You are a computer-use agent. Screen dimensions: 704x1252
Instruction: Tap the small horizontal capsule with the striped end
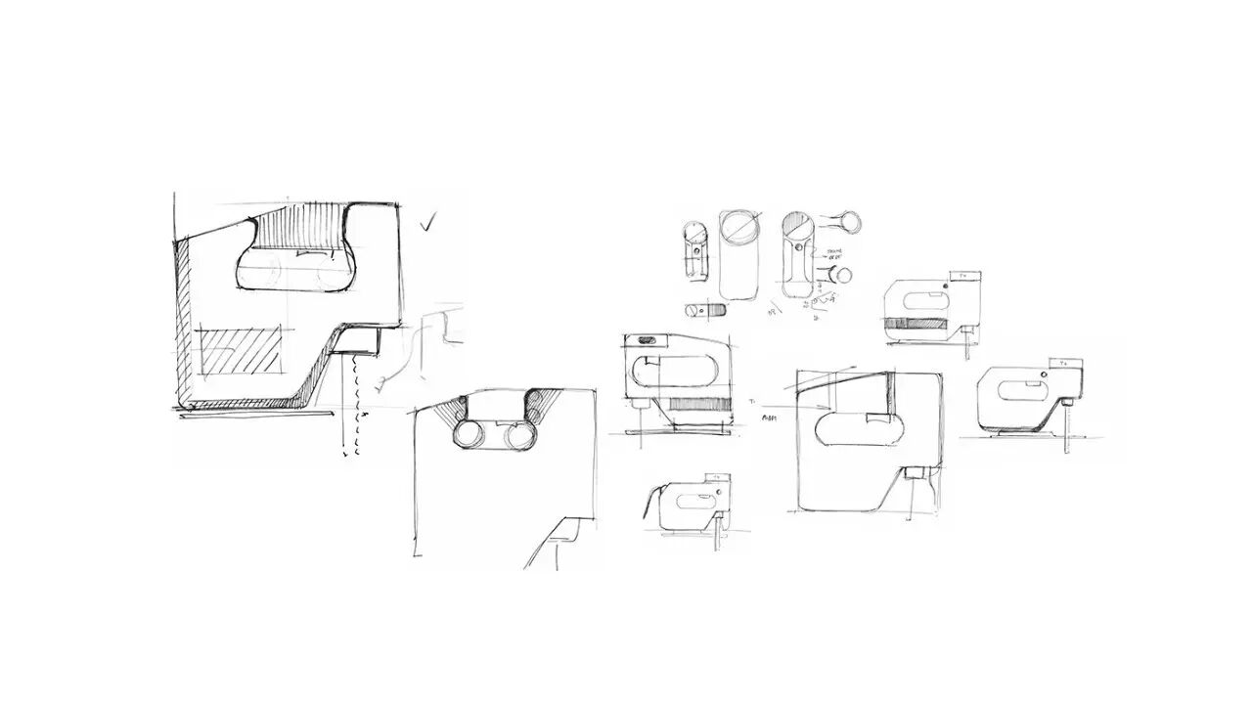tap(705, 310)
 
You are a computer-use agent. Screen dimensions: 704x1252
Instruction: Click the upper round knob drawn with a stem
tap(848, 221)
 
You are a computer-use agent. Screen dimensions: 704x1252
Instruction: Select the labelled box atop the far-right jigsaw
tap(1059, 363)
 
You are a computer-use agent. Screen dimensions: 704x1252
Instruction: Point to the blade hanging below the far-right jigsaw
tap(1063, 431)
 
